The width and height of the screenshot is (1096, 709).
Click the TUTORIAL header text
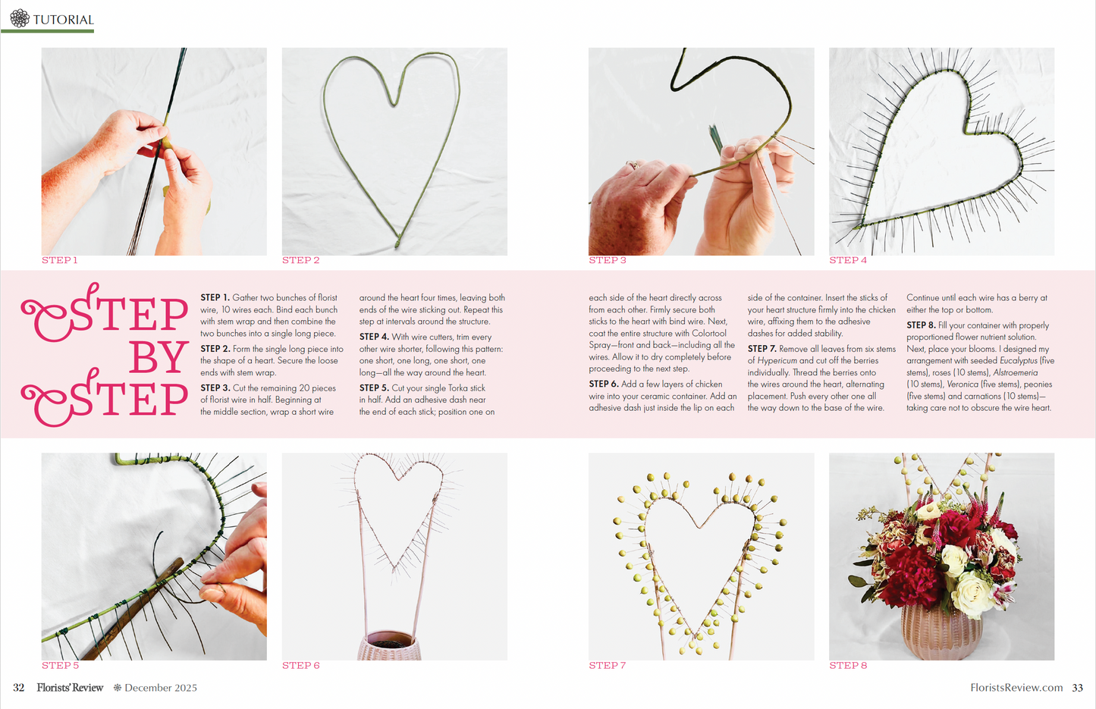point(64,20)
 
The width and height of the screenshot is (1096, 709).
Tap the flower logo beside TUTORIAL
point(20,18)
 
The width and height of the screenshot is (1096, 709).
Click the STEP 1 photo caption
point(60,260)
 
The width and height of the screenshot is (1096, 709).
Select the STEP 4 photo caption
point(848,260)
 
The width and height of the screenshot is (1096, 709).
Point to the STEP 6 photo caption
point(301,665)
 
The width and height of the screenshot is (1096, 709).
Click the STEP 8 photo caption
point(848,665)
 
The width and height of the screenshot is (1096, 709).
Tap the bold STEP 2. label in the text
point(215,349)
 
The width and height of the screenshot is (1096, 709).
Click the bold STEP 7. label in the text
point(762,349)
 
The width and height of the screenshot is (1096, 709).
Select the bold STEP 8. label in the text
point(921,325)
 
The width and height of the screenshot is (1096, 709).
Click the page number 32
point(19,688)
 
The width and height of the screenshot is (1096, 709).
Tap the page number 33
point(1077,688)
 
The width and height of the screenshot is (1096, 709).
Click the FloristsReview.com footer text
point(1016,688)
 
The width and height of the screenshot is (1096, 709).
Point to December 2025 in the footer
point(161,688)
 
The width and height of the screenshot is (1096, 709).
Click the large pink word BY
point(159,357)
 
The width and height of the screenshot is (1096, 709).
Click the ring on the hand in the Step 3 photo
point(631,165)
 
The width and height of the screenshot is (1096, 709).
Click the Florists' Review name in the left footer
point(70,688)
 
